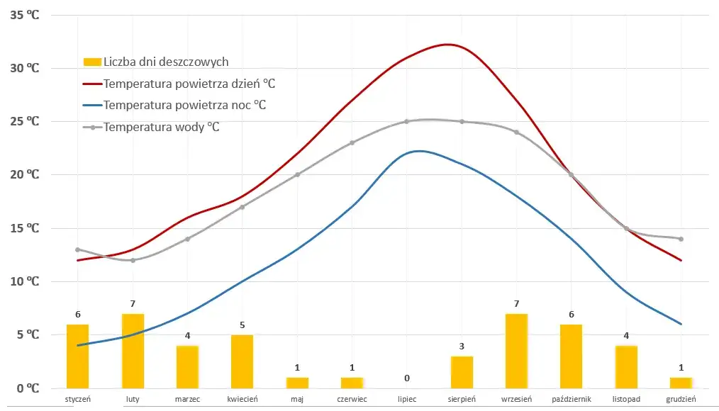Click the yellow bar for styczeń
(x=78, y=356)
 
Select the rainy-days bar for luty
(x=133, y=351)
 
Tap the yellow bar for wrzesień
(x=516, y=351)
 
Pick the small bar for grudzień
(x=681, y=383)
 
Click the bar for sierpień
(x=462, y=372)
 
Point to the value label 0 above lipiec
(x=407, y=378)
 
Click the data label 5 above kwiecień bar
(x=243, y=325)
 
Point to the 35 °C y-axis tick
(x=25, y=14)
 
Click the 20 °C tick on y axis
(x=25, y=174)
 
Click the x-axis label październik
(x=571, y=400)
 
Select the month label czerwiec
(x=352, y=400)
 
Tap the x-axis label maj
(x=297, y=400)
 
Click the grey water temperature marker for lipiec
(x=407, y=121)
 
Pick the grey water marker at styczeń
(x=78, y=249)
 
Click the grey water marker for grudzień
(x=681, y=239)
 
